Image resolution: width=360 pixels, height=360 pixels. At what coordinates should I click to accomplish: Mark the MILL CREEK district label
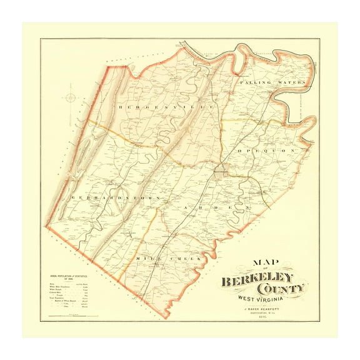click(161, 257)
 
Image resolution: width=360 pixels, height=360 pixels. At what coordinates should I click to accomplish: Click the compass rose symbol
click(70, 97)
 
